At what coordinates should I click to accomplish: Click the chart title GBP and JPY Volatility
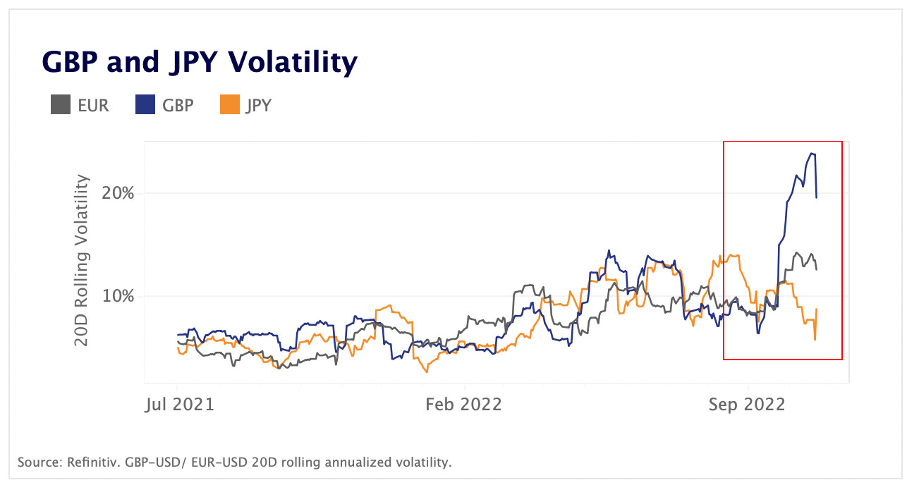[x=200, y=63]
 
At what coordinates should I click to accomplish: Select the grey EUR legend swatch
[x=60, y=106]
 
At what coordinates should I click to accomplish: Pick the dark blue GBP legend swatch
[x=145, y=106]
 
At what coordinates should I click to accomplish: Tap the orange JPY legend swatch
[x=230, y=106]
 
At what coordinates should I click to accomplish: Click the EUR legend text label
[x=93, y=106]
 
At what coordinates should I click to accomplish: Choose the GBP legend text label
[x=178, y=106]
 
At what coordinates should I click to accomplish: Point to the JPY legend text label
[x=258, y=106]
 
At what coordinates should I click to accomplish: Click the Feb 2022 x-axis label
[x=464, y=405]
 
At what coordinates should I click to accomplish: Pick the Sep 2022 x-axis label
[x=747, y=405]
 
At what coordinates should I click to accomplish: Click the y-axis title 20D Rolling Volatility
[x=83, y=261]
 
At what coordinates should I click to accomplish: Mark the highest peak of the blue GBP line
[x=812, y=154]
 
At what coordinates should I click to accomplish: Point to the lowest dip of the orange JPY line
[x=427, y=372]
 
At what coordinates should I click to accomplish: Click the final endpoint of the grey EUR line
[x=817, y=269]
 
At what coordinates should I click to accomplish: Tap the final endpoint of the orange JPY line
[x=817, y=309]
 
